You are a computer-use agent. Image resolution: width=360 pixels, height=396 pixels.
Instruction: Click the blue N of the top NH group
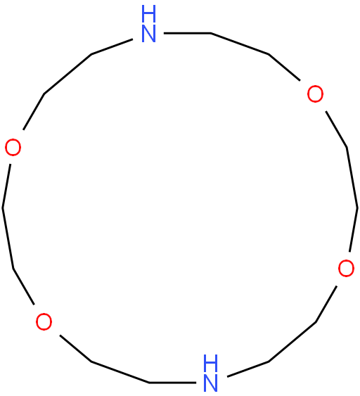(x=148, y=33)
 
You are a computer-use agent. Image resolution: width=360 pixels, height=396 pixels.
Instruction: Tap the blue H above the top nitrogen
(x=148, y=13)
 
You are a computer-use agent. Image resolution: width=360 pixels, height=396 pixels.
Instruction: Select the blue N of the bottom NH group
(x=210, y=383)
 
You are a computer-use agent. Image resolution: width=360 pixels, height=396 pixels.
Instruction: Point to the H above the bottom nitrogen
(x=210, y=363)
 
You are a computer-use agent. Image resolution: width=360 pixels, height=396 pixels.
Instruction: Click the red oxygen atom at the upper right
(x=315, y=94)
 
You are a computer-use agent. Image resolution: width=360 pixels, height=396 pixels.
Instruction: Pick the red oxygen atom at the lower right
(x=346, y=268)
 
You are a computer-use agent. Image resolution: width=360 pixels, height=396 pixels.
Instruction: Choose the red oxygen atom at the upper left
(x=13, y=147)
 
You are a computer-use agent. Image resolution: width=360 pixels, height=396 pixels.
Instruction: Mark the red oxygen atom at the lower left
(x=44, y=321)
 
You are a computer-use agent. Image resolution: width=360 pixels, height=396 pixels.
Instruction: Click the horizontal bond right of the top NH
(x=187, y=33)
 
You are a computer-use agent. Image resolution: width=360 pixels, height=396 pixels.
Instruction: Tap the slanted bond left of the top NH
(x=112, y=46)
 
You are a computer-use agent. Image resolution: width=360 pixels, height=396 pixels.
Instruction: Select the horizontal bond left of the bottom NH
(x=172, y=383)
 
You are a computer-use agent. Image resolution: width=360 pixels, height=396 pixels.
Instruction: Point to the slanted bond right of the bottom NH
(x=248, y=369)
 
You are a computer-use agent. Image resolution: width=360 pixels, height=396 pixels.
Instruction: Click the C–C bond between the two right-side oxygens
(x=352, y=178)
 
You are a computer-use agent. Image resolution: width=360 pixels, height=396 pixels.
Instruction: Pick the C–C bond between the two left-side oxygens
(x=8, y=238)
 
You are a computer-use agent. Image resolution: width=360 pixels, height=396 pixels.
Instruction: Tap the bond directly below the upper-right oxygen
(x=336, y=129)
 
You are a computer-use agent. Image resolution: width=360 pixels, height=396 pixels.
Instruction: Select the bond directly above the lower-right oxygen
(x=354, y=230)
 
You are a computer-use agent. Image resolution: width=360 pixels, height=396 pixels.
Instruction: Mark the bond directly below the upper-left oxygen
(x=6, y=186)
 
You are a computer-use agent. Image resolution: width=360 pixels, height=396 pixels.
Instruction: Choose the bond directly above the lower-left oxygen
(x=24, y=287)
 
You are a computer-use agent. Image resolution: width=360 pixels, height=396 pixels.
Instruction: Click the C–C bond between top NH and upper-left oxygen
(x=67, y=75)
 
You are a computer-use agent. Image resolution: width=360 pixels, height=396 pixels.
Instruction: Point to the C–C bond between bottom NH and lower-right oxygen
(x=292, y=342)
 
